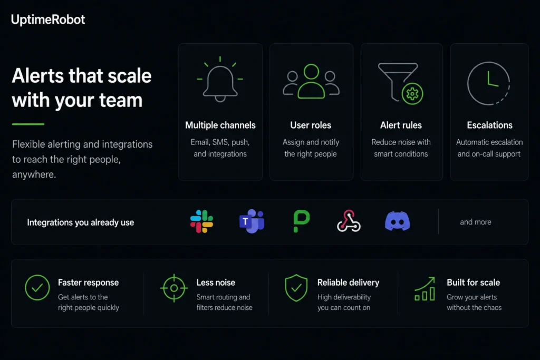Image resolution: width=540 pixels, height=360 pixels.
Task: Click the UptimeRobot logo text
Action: (x=48, y=20)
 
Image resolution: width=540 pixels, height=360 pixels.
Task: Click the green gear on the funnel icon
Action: (x=412, y=94)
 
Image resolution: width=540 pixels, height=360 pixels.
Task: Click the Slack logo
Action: (x=202, y=222)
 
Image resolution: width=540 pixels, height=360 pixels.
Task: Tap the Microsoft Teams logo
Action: (x=252, y=221)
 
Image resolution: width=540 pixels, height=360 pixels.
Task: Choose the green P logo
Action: (x=301, y=221)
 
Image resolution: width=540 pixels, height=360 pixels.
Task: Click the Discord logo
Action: (x=398, y=221)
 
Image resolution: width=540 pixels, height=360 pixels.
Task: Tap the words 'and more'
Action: (x=476, y=222)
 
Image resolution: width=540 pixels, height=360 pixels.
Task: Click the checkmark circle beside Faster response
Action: (x=37, y=287)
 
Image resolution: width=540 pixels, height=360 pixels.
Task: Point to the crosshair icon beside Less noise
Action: (x=174, y=288)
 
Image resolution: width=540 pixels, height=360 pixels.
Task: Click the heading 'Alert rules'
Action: (x=401, y=125)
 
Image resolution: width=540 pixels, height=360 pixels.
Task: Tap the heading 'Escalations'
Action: (x=489, y=125)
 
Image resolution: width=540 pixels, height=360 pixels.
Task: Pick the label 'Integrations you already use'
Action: (x=81, y=222)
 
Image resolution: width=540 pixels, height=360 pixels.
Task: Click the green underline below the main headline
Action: (x=28, y=124)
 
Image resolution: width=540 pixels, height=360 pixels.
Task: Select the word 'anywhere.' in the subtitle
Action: (x=34, y=174)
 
